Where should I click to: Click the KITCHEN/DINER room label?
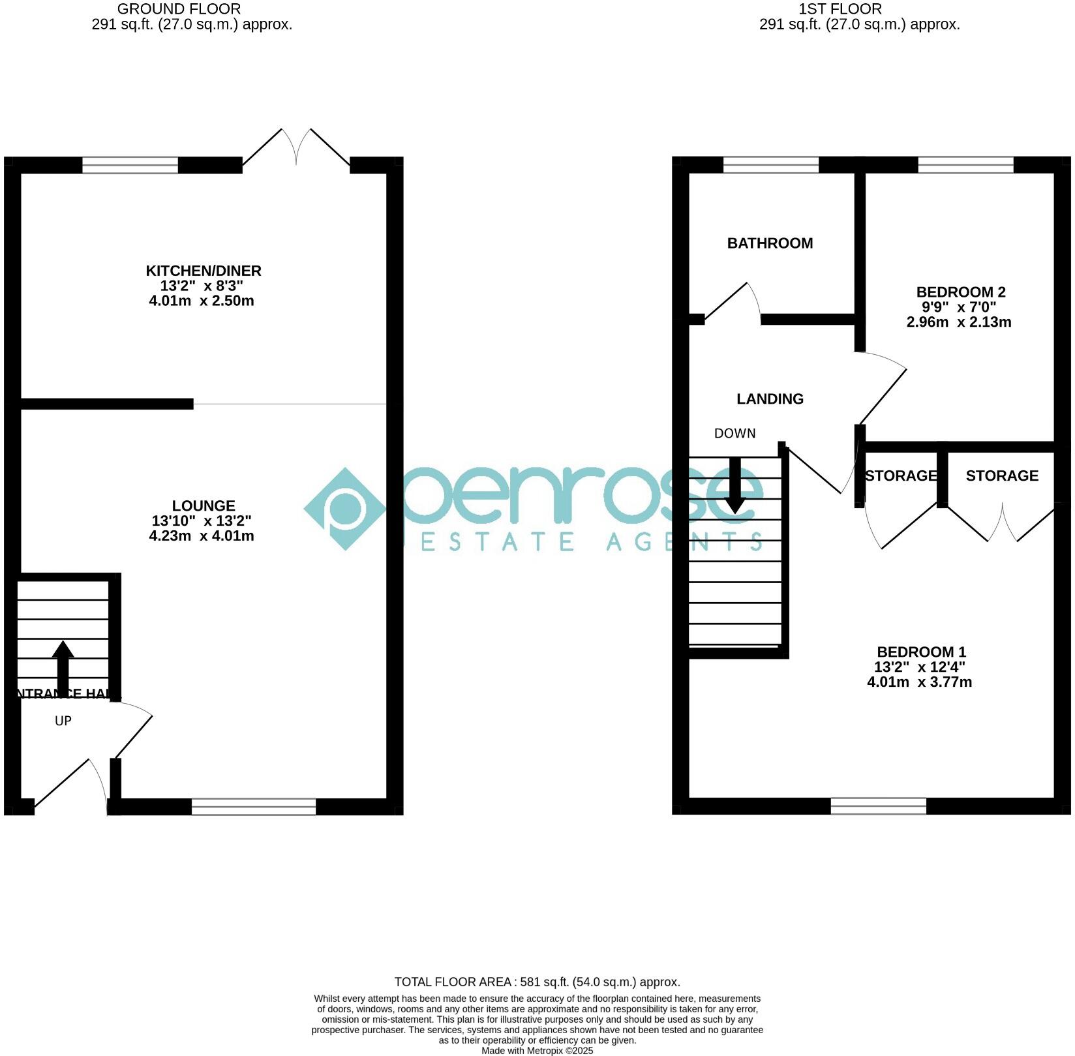[203, 271]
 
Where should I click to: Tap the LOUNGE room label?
[204, 505]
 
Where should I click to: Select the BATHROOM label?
[770, 243]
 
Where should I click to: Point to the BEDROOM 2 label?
[961, 292]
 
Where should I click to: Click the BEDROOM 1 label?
[921, 652]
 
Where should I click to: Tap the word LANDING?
[770, 399]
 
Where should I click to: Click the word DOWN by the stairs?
[734, 433]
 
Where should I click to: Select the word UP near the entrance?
[63, 721]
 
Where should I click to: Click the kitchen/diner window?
[130, 165]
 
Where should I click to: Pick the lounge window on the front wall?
[254, 807]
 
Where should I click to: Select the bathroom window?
[770, 165]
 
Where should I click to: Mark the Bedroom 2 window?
[965, 165]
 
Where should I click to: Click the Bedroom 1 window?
[878, 806]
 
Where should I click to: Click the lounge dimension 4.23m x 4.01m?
[202, 536]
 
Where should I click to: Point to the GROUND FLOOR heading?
[179, 9]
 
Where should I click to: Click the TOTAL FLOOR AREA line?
[537, 982]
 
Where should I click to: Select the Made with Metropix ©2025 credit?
[537, 1051]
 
